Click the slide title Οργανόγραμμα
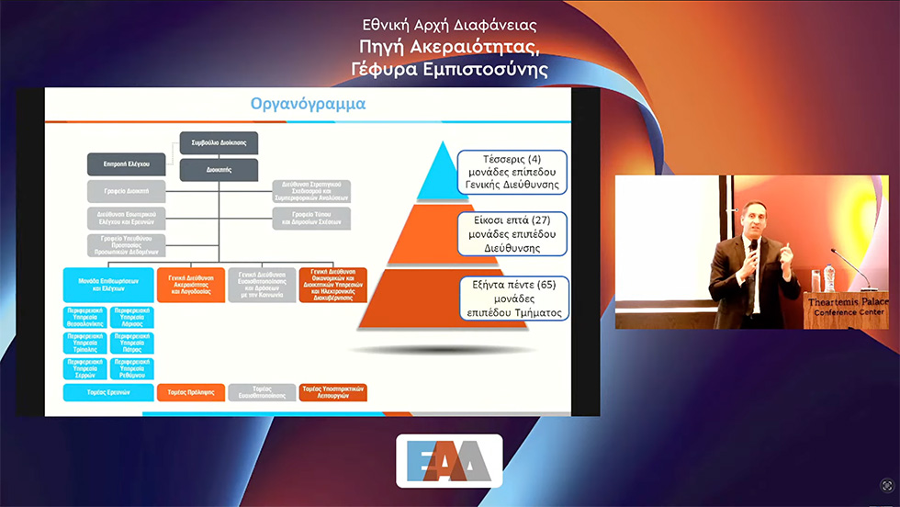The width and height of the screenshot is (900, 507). click(x=309, y=104)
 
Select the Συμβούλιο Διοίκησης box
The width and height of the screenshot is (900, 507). click(x=219, y=143)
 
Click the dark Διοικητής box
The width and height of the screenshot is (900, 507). click(x=219, y=168)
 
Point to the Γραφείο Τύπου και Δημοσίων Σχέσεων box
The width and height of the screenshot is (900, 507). click(x=311, y=218)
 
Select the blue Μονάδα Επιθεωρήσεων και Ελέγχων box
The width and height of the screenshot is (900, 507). click(x=107, y=285)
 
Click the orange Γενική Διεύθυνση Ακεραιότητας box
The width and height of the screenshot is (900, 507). click(x=190, y=284)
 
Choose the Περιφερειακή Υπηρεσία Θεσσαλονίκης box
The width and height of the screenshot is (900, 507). click(x=84, y=318)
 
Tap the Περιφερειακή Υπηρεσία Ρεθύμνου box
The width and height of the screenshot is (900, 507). click(x=131, y=368)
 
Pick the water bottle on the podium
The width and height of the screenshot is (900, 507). click(x=829, y=276)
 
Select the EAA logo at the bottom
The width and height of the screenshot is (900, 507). click(x=449, y=460)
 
